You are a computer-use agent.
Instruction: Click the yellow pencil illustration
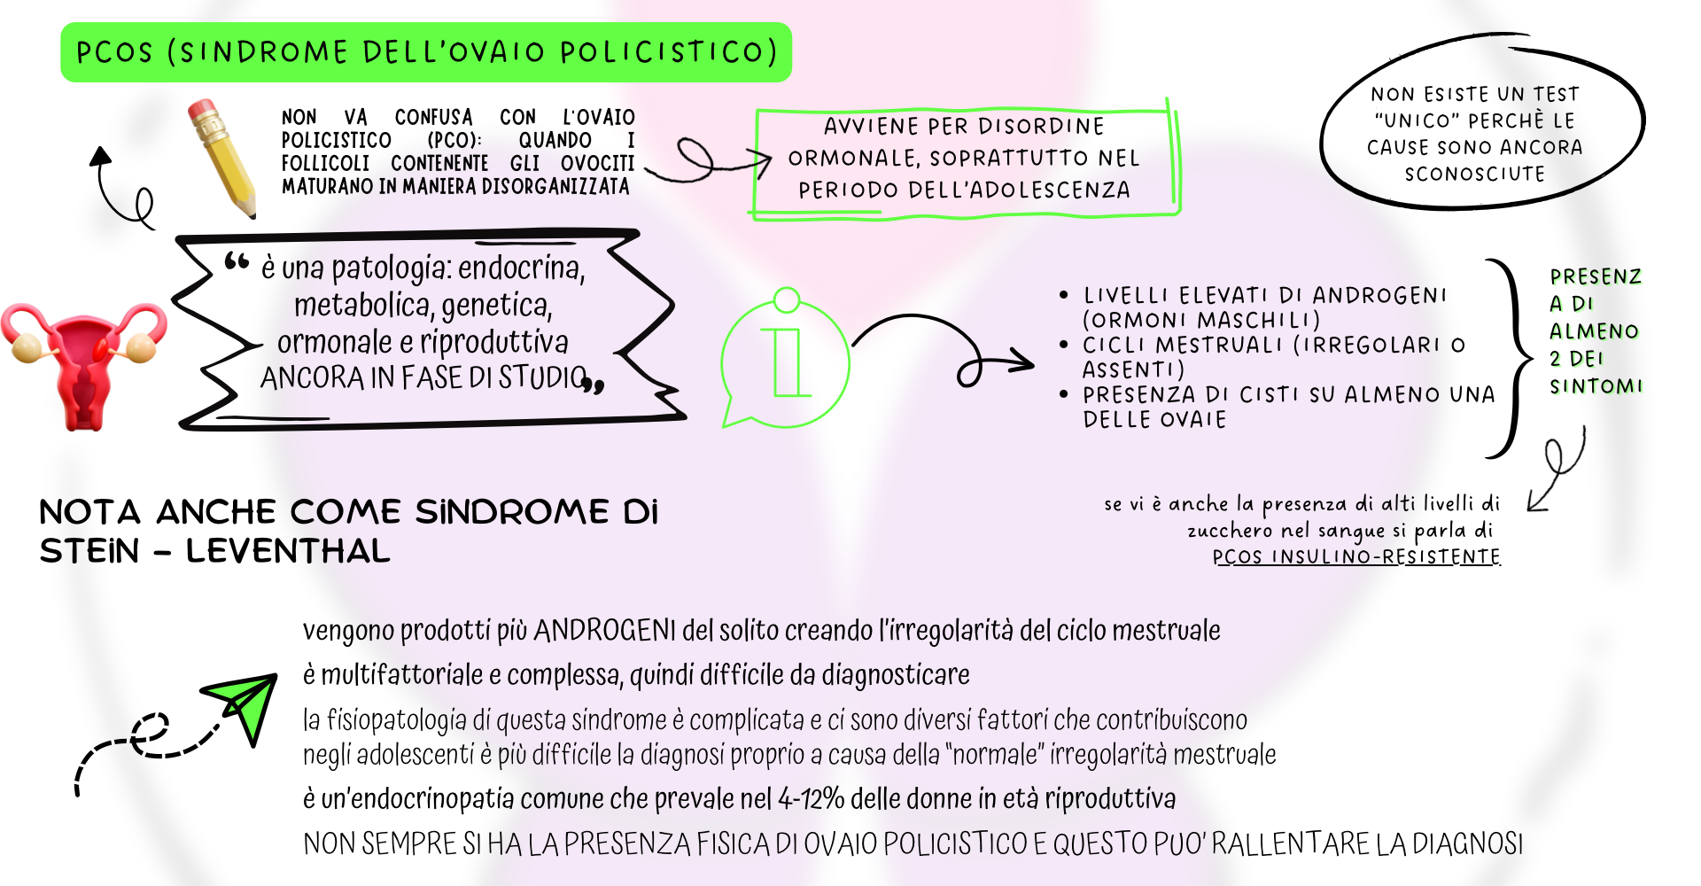click(223, 158)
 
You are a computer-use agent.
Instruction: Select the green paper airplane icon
click(243, 704)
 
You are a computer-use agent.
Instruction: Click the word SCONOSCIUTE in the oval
click(1474, 174)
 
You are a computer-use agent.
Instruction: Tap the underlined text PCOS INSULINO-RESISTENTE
click(1356, 556)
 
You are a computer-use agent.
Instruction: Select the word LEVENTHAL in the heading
click(288, 551)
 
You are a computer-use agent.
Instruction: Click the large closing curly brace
click(1513, 359)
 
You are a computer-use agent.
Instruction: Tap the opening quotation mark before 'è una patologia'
click(236, 261)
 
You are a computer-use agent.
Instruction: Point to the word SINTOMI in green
click(1596, 386)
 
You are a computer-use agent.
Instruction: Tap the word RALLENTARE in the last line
click(1293, 843)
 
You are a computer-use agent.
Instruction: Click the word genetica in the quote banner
click(496, 306)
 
